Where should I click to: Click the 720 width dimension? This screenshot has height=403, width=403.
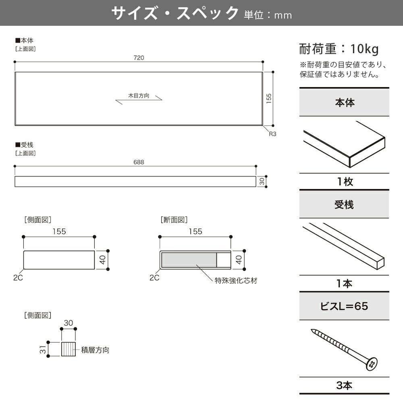(139, 58)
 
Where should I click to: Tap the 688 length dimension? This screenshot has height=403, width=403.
(139, 162)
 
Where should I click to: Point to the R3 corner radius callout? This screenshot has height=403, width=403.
(273, 134)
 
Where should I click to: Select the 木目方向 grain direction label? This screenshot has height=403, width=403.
(139, 96)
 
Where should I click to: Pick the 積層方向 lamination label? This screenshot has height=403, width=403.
(95, 350)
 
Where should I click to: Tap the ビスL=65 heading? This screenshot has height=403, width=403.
(344, 306)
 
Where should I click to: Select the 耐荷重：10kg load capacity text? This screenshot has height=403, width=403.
(339, 49)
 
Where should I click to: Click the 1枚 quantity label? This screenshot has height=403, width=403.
(345, 182)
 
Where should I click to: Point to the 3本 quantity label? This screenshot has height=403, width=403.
(344, 386)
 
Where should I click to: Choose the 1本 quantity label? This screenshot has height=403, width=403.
(344, 284)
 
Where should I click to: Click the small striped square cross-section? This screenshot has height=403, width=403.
(69, 349)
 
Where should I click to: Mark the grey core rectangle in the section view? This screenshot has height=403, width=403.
(189, 260)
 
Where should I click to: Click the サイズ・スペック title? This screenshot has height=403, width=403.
(175, 13)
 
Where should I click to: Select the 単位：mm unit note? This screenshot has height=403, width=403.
(268, 15)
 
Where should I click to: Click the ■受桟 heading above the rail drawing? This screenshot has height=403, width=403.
(24, 145)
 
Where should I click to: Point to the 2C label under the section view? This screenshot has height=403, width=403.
(154, 278)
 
